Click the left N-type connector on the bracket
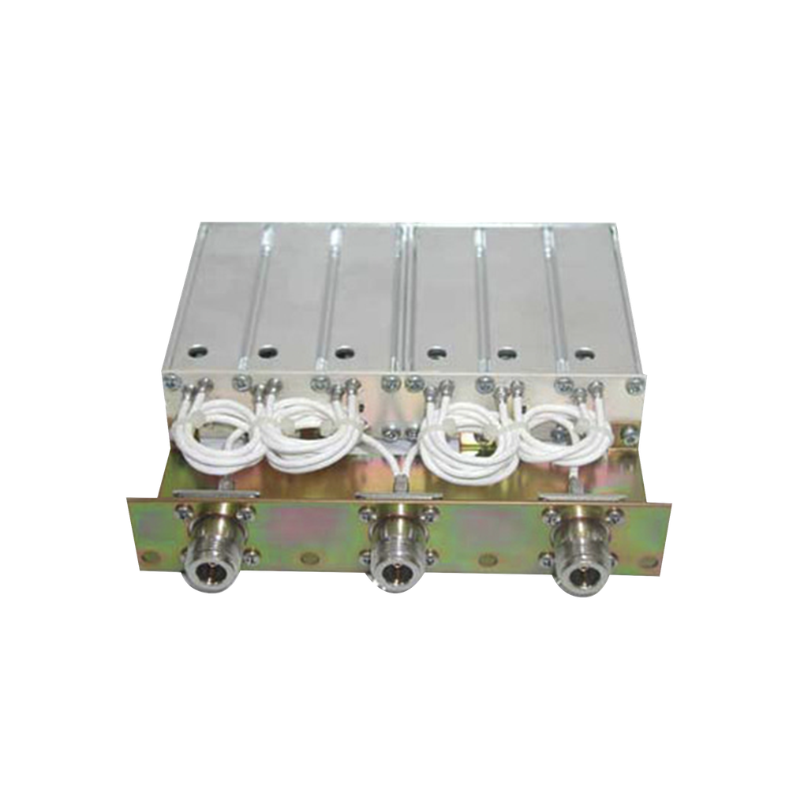coord(207,563)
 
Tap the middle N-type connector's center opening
coord(391,567)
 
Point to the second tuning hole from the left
coord(267,350)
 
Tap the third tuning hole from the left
coord(342,352)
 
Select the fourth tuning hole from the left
coord(433,353)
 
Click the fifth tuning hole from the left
coord(506,353)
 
